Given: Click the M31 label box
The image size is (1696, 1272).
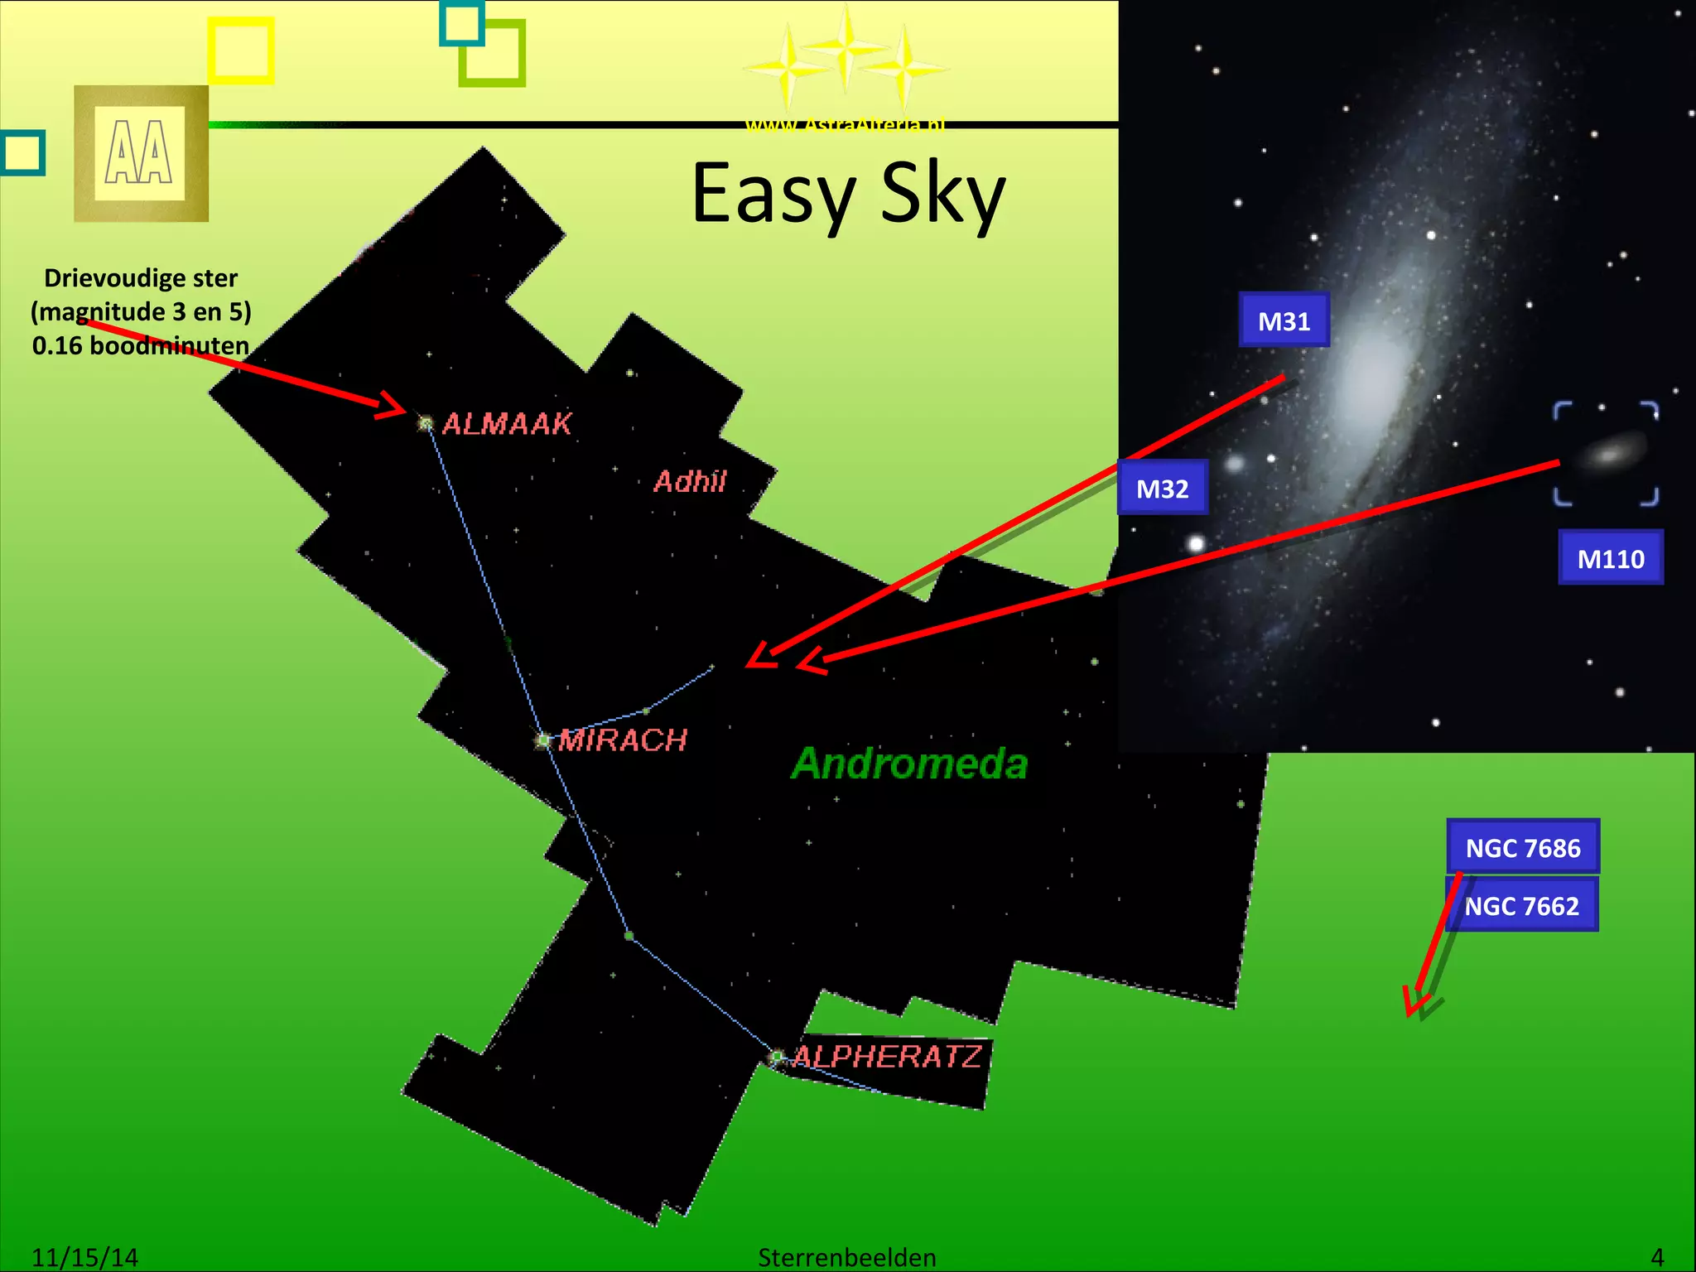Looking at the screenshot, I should tap(1284, 320).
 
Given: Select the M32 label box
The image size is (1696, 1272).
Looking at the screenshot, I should tap(1162, 489).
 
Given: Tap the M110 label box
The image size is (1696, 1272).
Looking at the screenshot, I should tap(1610, 558).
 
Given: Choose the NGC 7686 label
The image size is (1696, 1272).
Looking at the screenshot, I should tap(1522, 847).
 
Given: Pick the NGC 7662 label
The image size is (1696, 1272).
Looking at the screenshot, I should tap(1521, 906).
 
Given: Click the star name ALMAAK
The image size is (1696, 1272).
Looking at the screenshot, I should tap(507, 424).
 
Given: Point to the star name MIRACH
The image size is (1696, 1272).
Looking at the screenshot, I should tap(623, 740).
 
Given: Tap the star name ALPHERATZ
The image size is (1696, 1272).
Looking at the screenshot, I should tap(887, 1056).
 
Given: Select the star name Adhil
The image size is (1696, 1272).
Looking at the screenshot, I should tap(690, 481).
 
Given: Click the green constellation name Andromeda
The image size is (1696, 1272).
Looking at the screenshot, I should tap(909, 764).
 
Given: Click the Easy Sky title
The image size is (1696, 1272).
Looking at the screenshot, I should tap(848, 194).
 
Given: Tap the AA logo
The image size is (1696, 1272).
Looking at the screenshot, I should tap(140, 153).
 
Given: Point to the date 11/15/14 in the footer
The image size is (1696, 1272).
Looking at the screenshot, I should tap(84, 1257).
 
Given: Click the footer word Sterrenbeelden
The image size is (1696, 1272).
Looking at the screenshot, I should tap(846, 1257).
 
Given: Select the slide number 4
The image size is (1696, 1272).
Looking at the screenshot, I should tap(1656, 1257).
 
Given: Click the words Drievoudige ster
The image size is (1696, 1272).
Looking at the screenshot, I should tap(141, 277).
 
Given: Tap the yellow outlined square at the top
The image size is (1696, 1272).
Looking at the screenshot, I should tap(240, 51).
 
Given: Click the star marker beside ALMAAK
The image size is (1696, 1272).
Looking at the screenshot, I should tap(426, 424).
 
